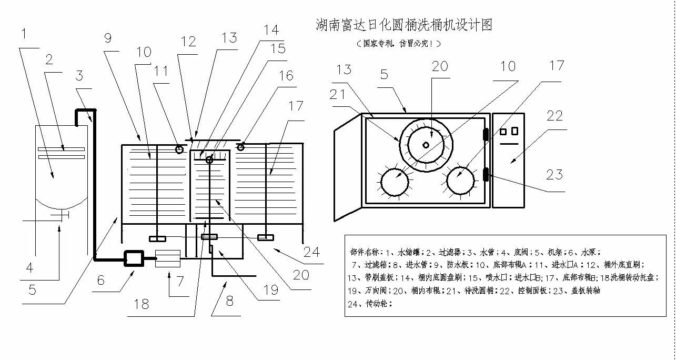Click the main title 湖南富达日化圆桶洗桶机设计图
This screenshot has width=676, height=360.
coord(403,24)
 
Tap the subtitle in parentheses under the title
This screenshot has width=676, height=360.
coord(398,43)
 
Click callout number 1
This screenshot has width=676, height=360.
coord(24,35)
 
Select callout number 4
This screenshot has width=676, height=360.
coord(29,267)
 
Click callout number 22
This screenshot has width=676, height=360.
coord(553,116)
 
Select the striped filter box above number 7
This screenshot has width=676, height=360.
coord(168,259)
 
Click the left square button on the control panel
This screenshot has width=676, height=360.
coord(503,131)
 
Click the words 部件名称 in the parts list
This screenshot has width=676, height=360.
coord(364,252)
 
